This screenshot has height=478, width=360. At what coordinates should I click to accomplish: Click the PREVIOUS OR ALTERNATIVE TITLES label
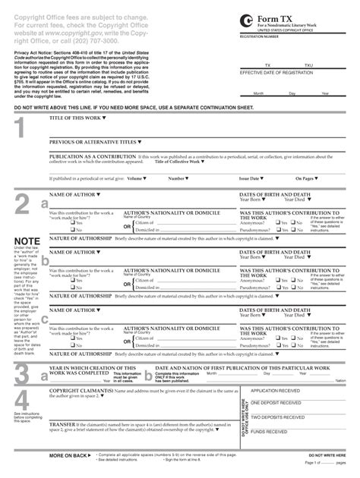(x=94, y=142)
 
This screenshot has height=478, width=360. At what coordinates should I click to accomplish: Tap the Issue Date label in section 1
(x=246, y=178)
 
